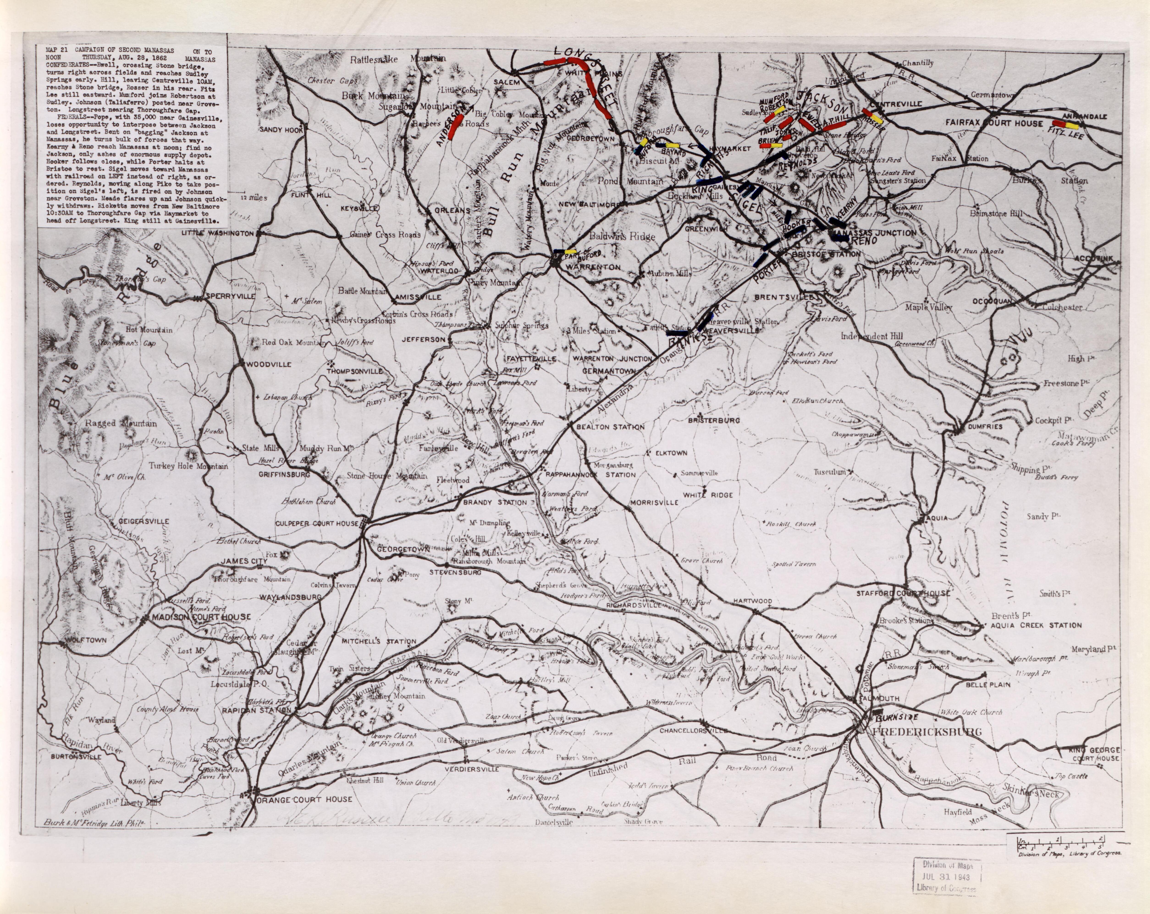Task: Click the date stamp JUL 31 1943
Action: coord(947,877)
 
